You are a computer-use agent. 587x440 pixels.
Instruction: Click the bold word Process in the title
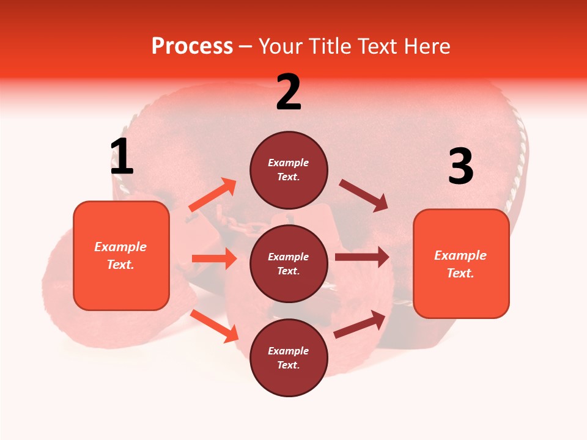[x=192, y=46]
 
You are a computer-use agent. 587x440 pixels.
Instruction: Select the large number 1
[x=122, y=157]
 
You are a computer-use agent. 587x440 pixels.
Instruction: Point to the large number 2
[x=289, y=93]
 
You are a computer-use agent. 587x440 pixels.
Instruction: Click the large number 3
[x=460, y=167]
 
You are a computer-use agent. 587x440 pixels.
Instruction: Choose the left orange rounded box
[x=121, y=255]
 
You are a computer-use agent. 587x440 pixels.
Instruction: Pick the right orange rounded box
[x=461, y=263]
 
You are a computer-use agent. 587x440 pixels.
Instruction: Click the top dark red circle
[x=289, y=170]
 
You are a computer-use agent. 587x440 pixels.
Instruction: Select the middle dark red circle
[x=289, y=263]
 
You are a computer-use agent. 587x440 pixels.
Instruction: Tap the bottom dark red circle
[x=289, y=358]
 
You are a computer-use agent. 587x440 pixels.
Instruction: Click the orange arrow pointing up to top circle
[x=213, y=195]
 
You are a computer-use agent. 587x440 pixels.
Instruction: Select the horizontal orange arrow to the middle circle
[x=214, y=258]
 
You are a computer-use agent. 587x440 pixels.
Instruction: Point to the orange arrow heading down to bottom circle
[x=215, y=326]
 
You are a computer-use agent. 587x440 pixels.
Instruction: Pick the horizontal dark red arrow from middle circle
[x=362, y=257]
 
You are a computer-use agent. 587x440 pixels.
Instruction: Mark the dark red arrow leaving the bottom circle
[x=360, y=324]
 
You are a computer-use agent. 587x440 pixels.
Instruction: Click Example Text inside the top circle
[x=289, y=170]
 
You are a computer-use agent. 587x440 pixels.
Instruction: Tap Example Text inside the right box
[x=461, y=264]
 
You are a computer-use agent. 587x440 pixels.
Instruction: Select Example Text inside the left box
[x=121, y=255]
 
